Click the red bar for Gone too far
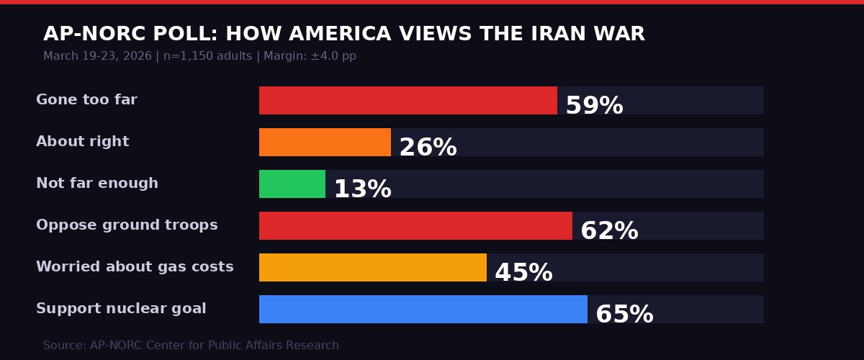[408, 101]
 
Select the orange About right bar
[325, 143]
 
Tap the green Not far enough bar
[292, 184]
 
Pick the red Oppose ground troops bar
[415, 226]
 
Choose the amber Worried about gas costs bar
[372, 268]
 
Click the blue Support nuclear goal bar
[423, 310]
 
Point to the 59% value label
[594, 107]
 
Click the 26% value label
[428, 148]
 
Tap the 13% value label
[362, 190]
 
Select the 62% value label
[609, 232]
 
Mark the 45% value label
[523, 274]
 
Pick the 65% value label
[624, 315]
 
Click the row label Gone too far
[86, 100]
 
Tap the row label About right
[83, 142]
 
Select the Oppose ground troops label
[127, 225]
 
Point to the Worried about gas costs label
[135, 267]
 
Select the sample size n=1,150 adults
[207, 56]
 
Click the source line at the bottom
[191, 346]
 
